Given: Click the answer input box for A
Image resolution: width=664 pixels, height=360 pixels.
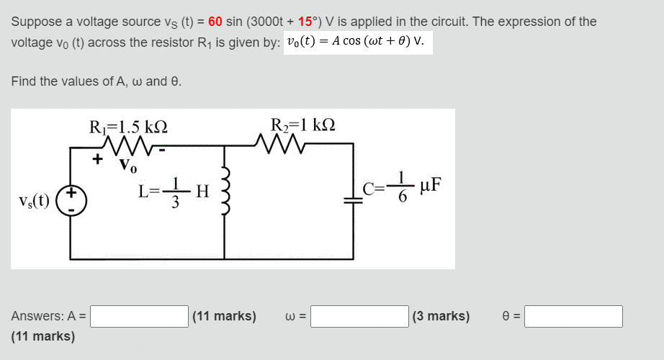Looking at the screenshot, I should coord(139,316).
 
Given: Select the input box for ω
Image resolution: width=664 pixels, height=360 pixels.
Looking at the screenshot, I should coord(359,316).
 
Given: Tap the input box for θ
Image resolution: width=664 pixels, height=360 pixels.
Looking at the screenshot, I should coord(573,316).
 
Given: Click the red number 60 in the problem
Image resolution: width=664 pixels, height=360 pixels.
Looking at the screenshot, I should coord(215,22).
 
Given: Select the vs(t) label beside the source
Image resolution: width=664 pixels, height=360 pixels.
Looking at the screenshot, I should coord(34,201).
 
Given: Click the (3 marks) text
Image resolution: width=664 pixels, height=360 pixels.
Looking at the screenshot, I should coord(441,316).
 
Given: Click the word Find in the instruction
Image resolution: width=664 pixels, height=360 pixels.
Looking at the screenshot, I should coord(24,81).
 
